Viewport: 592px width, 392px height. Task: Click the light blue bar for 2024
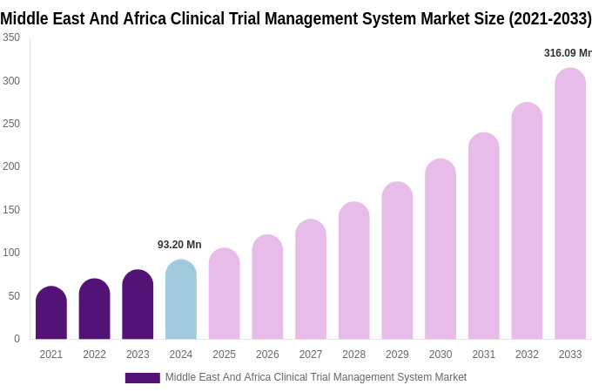(181, 301)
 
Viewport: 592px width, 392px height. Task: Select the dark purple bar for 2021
(51, 314)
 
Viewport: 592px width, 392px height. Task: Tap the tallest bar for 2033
(570, 205)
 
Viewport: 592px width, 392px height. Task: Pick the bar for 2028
(353, 272)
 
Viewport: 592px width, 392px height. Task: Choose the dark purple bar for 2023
(138, 305)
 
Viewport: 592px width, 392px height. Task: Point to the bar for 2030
(441, 250)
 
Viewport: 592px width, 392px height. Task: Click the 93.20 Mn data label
(179, 245)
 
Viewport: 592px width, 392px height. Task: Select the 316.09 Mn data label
(567, 53)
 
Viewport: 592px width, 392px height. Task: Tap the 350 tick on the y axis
(11, 37)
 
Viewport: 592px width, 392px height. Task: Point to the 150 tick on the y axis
(11, 210)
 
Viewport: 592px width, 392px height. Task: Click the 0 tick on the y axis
(17, 339)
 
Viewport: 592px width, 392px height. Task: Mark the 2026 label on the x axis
(267, 355)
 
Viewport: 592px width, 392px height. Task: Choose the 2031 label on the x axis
(483, 355)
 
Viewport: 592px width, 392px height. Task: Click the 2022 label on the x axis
(94, 355)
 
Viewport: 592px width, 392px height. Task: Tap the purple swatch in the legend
(142, 378)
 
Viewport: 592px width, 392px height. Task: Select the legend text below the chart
(315, 377)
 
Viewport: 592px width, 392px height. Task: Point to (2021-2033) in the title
(549, 18)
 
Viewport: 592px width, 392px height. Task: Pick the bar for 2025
(224, 294)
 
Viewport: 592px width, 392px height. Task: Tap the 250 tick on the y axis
(11, 124)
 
